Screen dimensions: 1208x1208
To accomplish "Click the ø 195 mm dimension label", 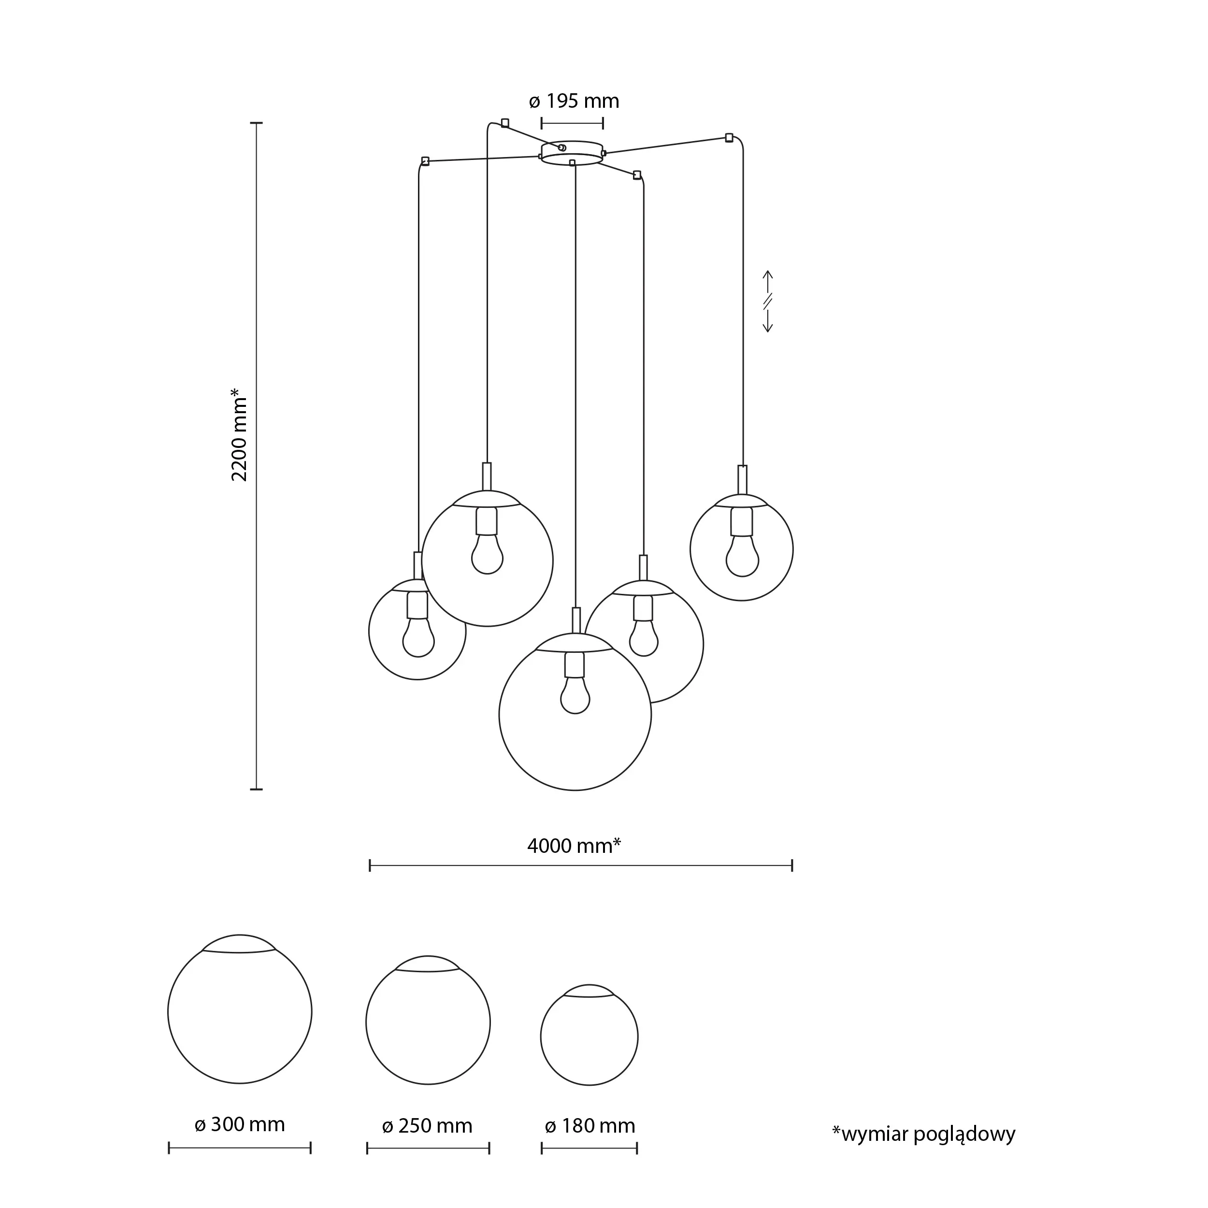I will coord(574,101).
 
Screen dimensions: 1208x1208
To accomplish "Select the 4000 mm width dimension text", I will coord(574,846).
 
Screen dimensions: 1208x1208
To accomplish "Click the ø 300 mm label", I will coord(240,1124).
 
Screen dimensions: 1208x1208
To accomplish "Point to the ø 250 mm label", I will coord(427,1125).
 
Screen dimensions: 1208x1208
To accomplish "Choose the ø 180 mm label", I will coord(590,1125).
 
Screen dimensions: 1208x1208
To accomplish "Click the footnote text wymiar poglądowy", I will coord(923,1133).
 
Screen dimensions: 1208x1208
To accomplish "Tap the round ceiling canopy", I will coord(572,153).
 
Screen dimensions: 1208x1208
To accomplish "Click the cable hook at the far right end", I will coord(729,138).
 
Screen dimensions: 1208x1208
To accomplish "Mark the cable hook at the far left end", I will coord(425,161).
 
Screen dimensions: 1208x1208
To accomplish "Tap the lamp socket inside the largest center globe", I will coord(575,665).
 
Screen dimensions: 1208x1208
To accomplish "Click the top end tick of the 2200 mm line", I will coord(257,123).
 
